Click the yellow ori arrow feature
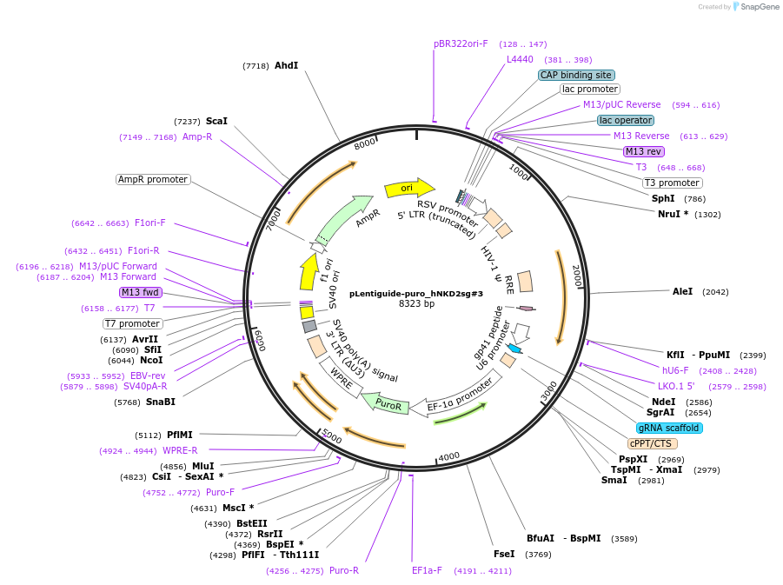(408, 188)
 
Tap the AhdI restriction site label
(286, 65)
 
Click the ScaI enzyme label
(216, 121)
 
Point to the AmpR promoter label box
(153, 179)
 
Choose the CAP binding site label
(576, 75)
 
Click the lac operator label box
(626, 120)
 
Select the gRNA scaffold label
(669, 428)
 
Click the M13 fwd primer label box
(141, 292)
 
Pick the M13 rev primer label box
(644, 151)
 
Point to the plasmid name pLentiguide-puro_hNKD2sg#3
(416, 294)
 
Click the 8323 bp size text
(416, 304)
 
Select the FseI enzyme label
(504, 554)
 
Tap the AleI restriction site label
(683, 291)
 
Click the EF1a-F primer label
(427, 570)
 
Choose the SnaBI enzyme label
(161, 402)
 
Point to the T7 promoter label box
(133, 323)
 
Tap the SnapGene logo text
(758, 7)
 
